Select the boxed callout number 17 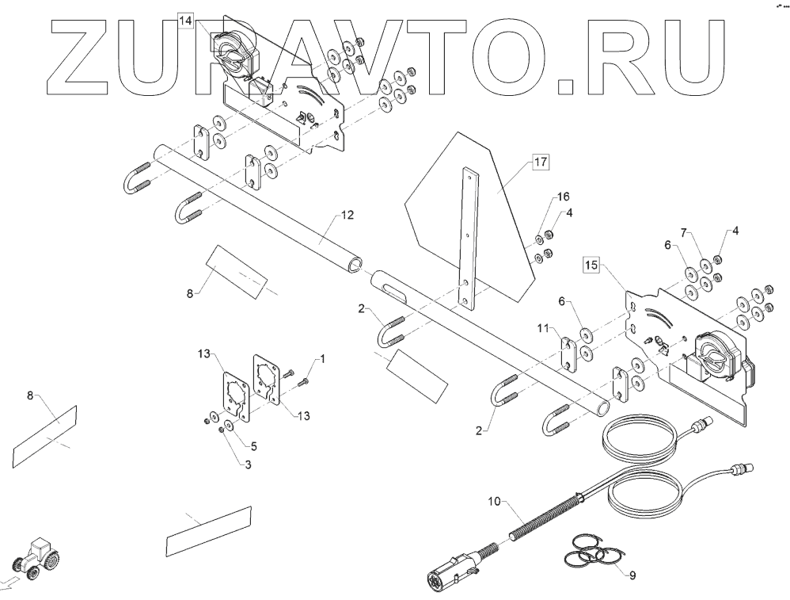(541, 163)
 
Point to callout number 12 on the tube (346, 215)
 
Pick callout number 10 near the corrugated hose (494, 502)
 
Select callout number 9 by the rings (631, 575)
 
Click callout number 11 (543, 326)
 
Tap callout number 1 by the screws (321, 359)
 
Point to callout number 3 (248, 464)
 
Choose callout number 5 (254, 445)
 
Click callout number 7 (686, 234)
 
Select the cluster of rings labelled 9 (594, 550)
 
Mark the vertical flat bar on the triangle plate (469, 238)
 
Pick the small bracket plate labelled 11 (569, 354)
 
